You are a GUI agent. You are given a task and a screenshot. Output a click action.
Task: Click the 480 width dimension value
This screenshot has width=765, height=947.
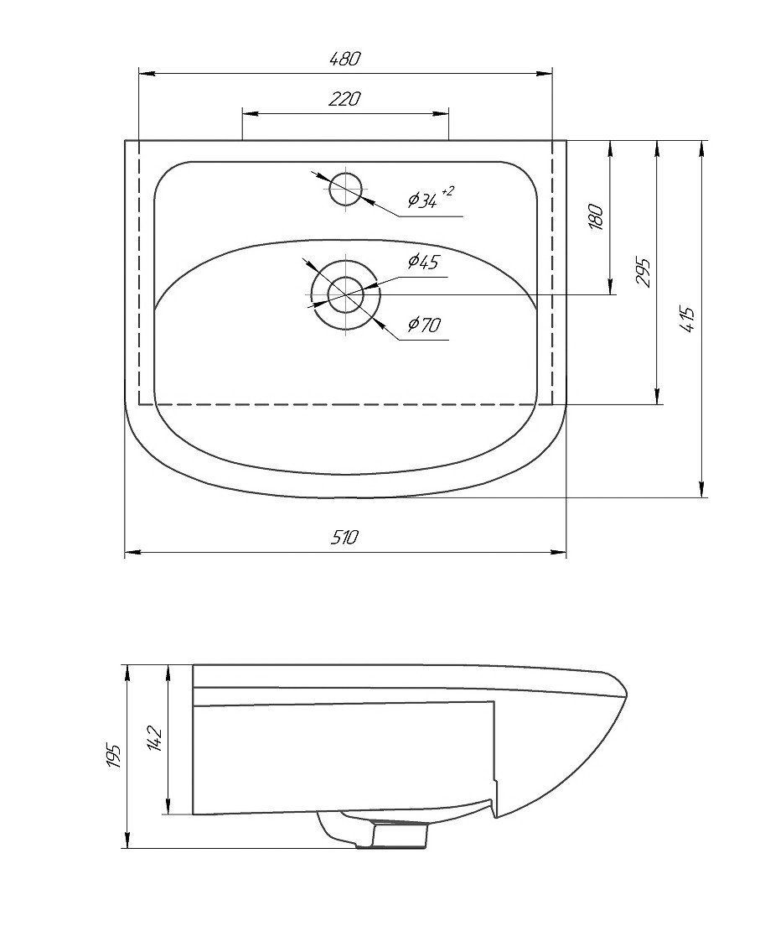(x=344, y=59)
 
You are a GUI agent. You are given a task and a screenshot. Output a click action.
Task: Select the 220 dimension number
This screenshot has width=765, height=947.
(x=344, y=98)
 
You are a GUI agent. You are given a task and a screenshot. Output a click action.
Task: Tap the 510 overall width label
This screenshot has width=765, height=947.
(x=345, y=536)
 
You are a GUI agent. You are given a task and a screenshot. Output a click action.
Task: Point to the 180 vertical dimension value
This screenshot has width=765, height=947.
(x=596, y=217)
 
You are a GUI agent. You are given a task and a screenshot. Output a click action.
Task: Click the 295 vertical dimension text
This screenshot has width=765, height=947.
(x=644, y=273)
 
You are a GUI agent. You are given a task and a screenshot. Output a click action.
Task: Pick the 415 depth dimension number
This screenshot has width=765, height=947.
(x=688, y=320)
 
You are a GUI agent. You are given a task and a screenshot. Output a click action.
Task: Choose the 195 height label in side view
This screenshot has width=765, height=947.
(x=114, y=756)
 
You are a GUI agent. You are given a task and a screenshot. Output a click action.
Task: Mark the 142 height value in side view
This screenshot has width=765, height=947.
(x=154, y=737)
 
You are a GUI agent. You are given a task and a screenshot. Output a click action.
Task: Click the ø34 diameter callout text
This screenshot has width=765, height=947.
(x=422, y=200)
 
